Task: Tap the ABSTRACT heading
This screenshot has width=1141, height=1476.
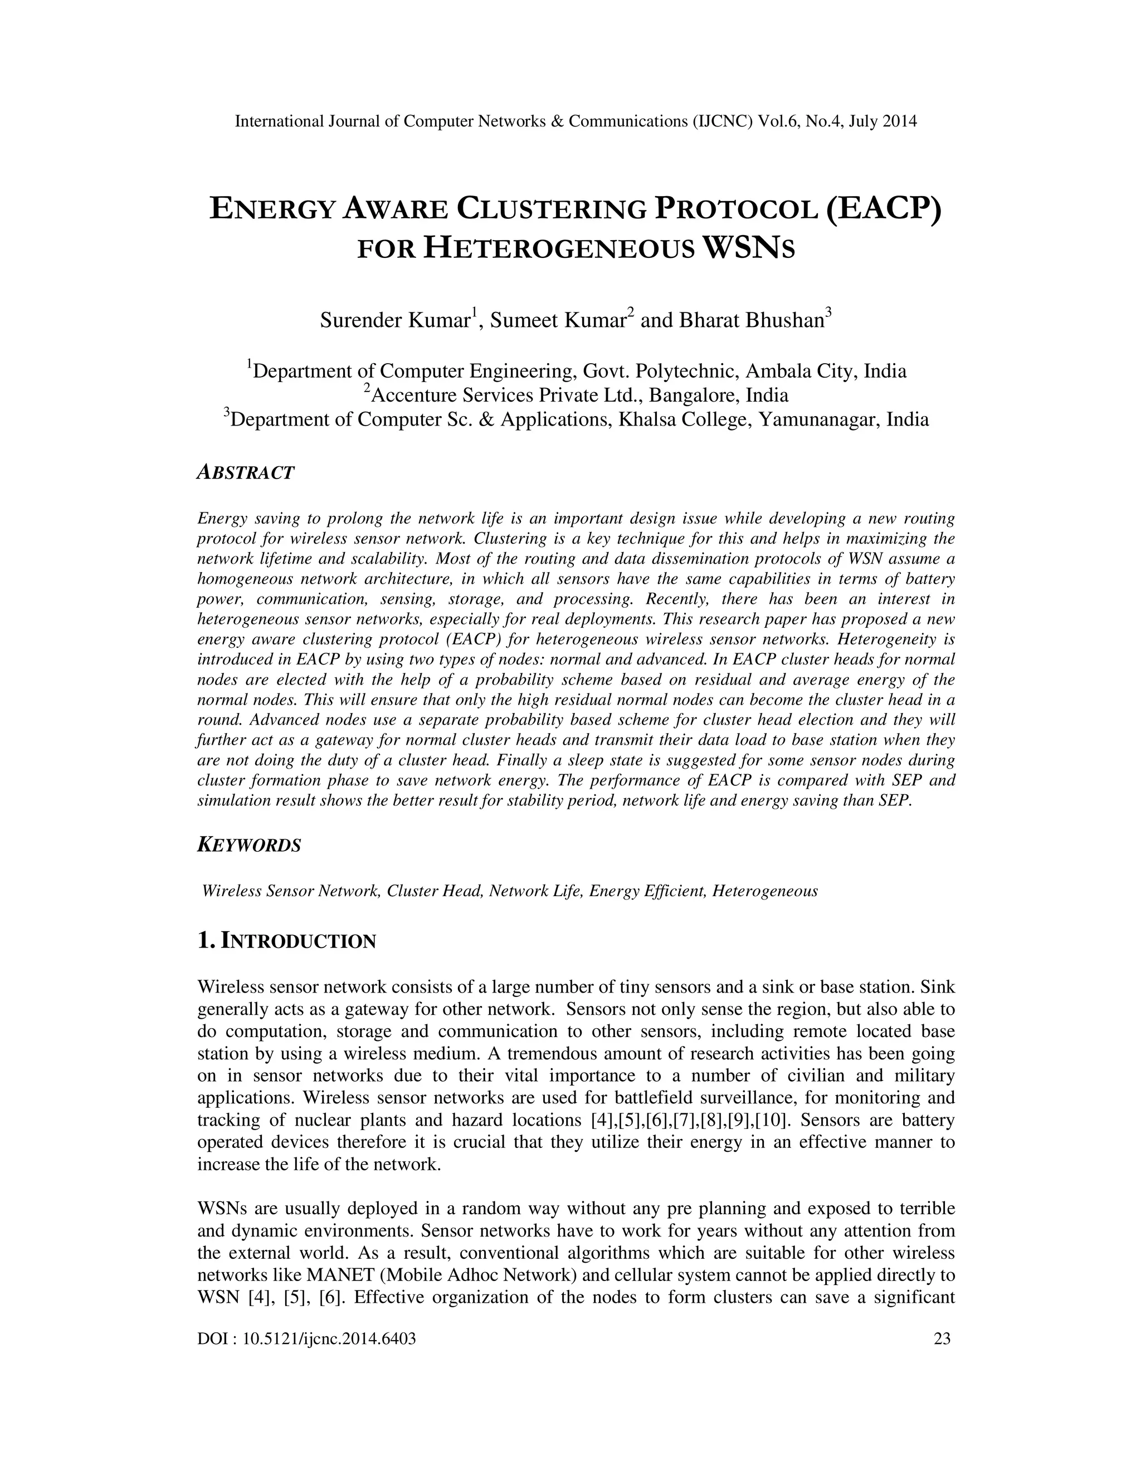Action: pyautogui.click(x=245, y=472)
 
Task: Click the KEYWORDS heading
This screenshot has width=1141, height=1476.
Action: pyautogui.click(x=248, y=845)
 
